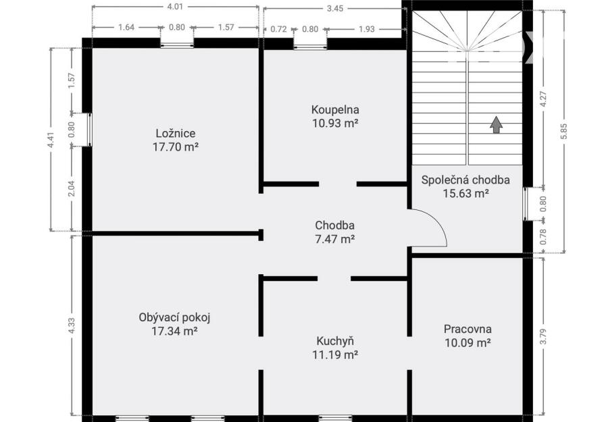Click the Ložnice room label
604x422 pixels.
(176, 133)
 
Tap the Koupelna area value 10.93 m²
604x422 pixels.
(336, 123)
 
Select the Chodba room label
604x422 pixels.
(334, 226)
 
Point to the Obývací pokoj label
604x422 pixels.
(174, 317)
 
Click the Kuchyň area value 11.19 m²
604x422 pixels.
(335, 354)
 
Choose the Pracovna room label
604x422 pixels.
(468, 329)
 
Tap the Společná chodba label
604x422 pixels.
(465, 180)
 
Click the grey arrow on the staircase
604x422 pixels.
(496, 125)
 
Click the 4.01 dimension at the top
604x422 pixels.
(175, 7)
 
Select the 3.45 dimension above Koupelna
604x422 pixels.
(334, 8)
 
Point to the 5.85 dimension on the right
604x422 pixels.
(564, 131)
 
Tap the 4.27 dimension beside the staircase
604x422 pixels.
(543, 99)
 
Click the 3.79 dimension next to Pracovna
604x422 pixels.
(543, 337)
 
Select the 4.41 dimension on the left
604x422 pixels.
(51, 140)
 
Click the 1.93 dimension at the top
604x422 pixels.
(366, 29)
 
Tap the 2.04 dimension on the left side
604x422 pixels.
(71, 188)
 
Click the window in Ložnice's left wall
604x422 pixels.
(89, 130)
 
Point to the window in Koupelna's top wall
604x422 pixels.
(310, 48)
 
